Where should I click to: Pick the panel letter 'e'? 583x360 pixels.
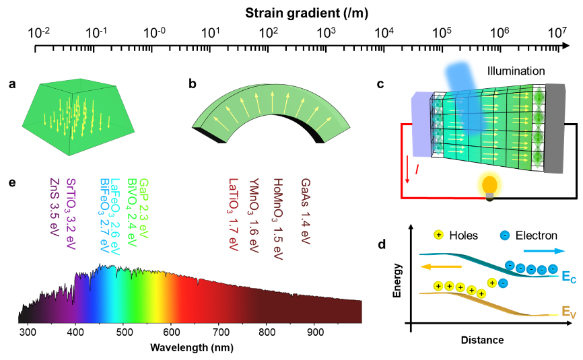click(x=12, y=182)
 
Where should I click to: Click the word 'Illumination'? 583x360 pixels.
click(x=516, y=70)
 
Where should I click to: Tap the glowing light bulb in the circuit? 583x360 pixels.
click(x=489, y=185)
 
